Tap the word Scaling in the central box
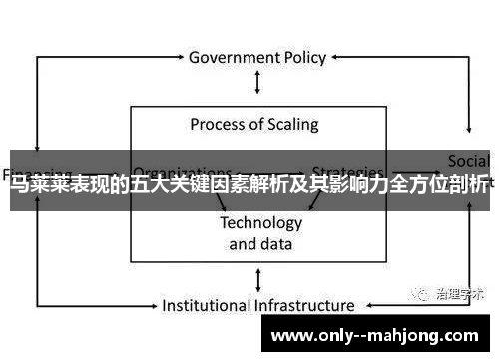(290, 125)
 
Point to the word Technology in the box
(260, 222)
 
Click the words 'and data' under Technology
(260, 243)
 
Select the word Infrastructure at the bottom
(304, 305)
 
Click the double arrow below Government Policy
(259, 83)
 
